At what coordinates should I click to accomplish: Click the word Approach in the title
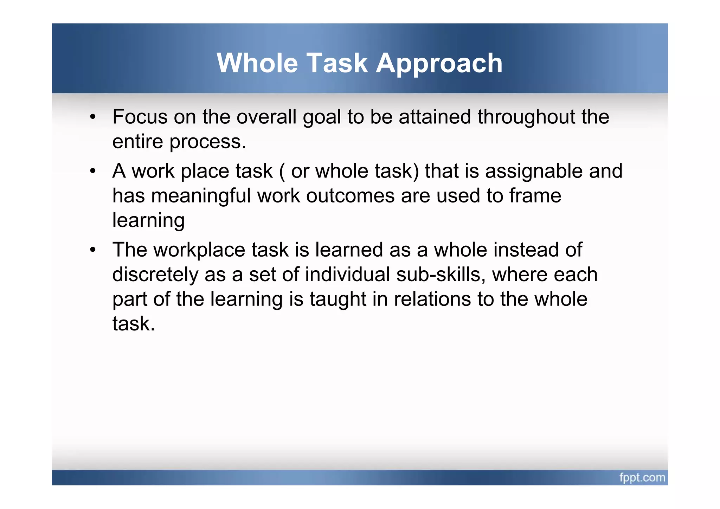point(439,64)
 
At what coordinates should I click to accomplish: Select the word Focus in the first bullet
point(140,117)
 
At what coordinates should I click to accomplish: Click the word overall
point(266,117)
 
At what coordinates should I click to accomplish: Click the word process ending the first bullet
point(207,142)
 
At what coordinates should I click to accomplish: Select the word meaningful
point(201,196)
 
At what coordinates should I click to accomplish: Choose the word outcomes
point(350,196)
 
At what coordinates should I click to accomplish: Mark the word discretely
point(155,275)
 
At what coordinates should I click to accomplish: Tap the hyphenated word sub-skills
point(441,275)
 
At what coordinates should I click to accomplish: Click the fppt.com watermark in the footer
point(642,477)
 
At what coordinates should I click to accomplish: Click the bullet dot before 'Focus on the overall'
point(92,117)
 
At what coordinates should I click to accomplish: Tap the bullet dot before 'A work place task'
point(92,171)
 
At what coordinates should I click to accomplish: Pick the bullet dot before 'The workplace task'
point(92,250)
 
